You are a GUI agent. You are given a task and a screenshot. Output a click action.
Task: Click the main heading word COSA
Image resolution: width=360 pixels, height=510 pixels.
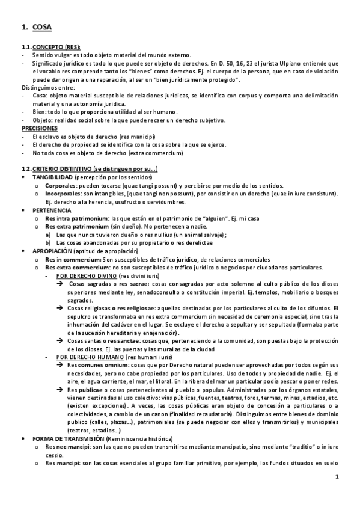point(43,27)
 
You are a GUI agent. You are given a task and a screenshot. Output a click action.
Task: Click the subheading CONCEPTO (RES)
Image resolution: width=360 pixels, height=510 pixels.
point(56,47)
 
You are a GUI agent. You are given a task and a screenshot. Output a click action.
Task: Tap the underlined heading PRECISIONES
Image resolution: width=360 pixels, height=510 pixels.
point(40,129)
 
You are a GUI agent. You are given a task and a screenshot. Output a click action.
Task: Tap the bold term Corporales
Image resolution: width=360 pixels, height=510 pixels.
point(60,186)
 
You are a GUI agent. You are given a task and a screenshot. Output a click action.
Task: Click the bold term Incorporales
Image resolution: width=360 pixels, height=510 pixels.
point(63,194)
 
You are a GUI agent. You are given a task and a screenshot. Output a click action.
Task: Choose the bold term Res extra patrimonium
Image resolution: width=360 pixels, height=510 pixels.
point(76,226)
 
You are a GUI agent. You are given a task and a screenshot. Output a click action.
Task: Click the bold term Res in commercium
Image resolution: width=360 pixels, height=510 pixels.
point(71,259)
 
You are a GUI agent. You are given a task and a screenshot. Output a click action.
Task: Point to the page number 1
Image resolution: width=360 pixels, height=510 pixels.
point(337,494)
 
